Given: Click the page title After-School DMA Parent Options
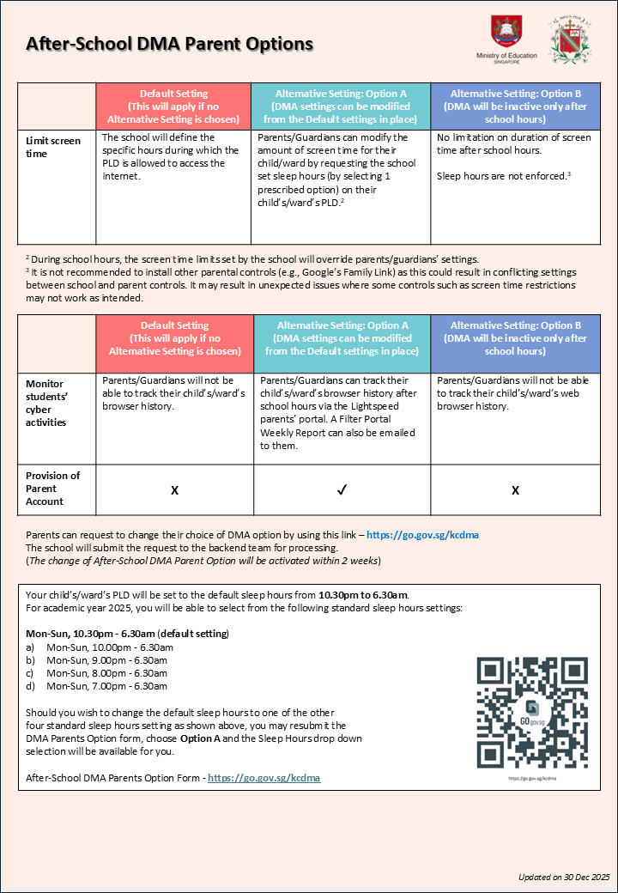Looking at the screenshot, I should [x=169, y=44].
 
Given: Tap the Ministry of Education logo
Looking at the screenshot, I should [x=506, y=39].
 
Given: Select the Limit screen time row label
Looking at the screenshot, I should [x=53, y=147].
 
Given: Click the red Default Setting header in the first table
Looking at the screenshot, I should [x=174, y=106].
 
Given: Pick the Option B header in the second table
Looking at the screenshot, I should [x=515, y=338].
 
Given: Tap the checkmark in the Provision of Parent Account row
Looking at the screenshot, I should [x=342, y=489].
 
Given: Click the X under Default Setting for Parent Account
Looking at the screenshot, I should [x=174, y=489].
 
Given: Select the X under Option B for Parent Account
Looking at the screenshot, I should [x=515, y=489].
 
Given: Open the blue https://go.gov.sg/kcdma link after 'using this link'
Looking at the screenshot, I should [x=422, y=535].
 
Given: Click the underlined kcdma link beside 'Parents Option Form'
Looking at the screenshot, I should [x=264, y=778].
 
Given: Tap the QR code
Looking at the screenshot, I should [x=532, y=714].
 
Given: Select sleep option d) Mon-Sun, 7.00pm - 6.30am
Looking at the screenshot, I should [x=106, y=686].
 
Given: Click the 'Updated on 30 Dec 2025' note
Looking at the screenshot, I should [x=563, y=877].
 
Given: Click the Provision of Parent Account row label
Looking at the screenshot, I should [x=53, y=488].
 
